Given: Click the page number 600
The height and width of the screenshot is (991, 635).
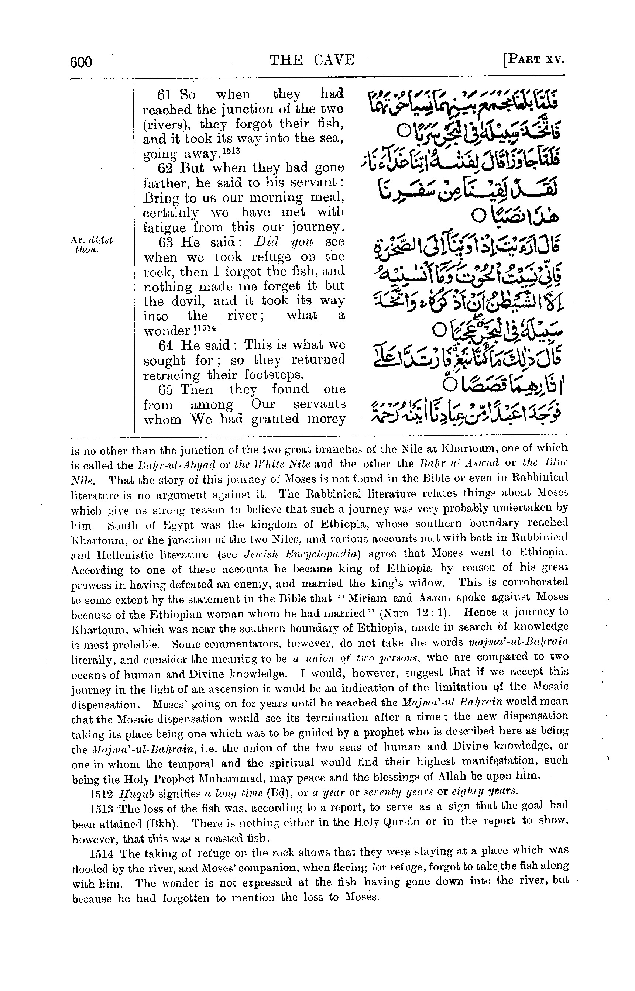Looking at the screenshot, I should pyautogui.click(x=81, y=62).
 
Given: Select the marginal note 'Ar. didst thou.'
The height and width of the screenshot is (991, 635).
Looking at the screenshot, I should pyautogui.click(x=92, y=245).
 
